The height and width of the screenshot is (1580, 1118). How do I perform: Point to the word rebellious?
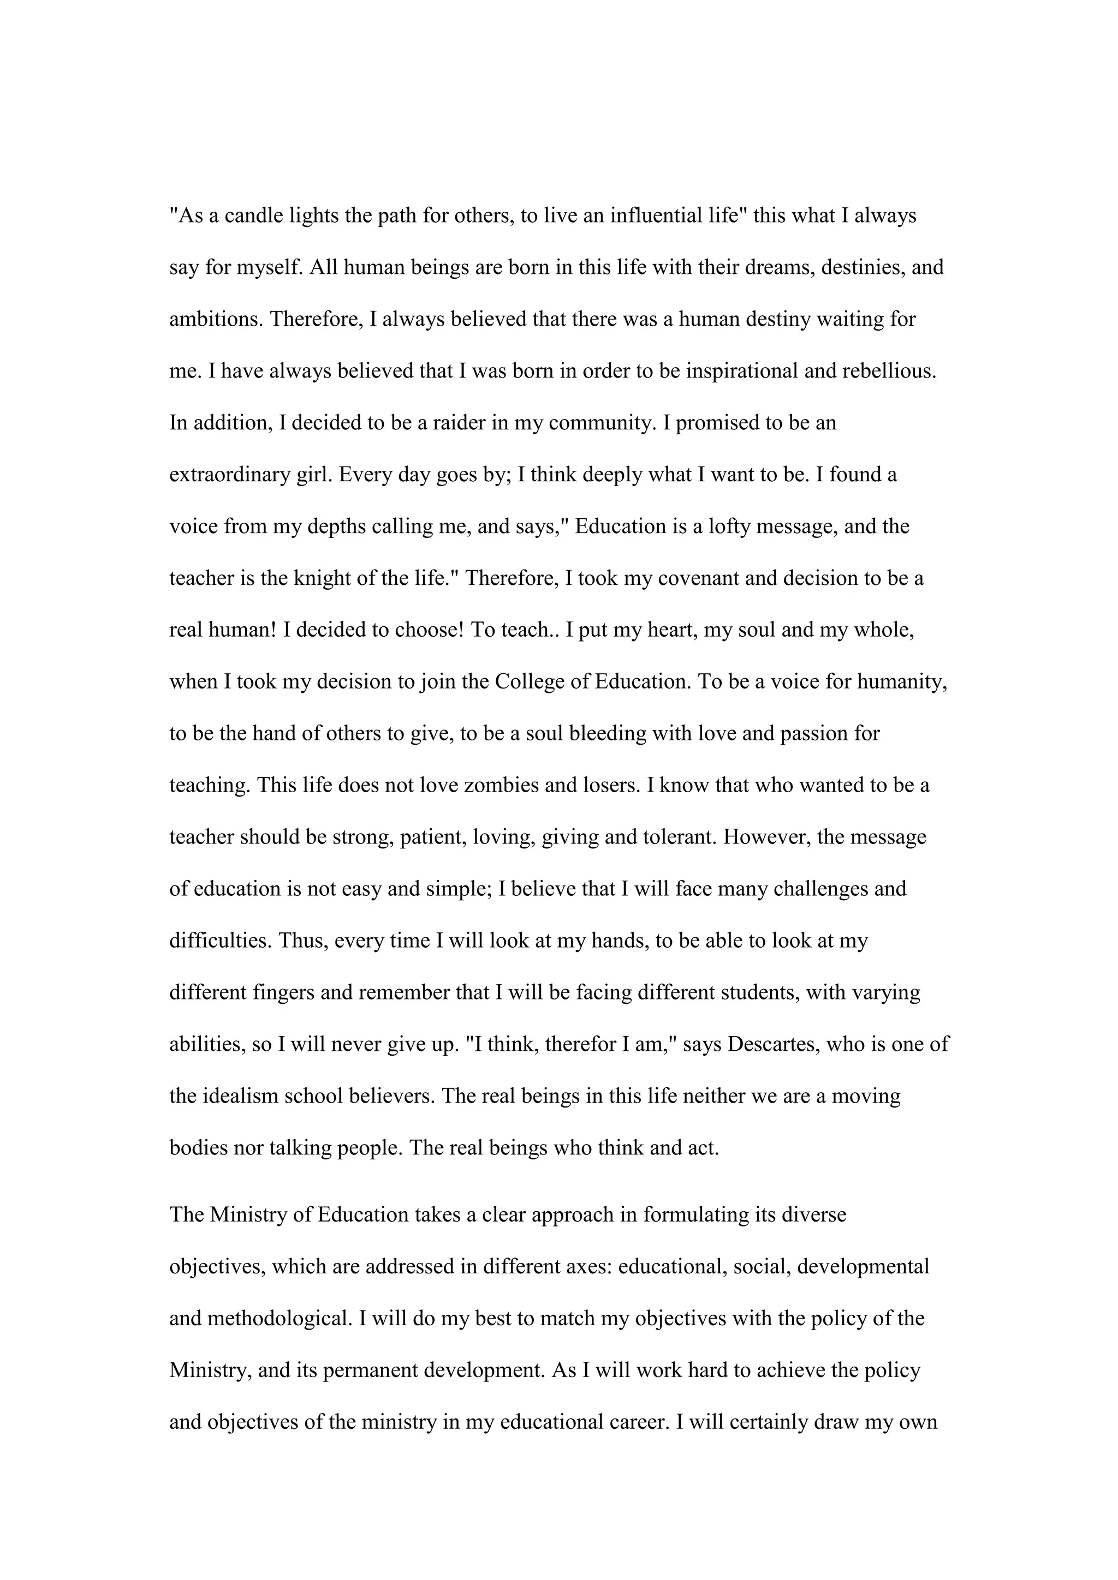coord(889,372)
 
